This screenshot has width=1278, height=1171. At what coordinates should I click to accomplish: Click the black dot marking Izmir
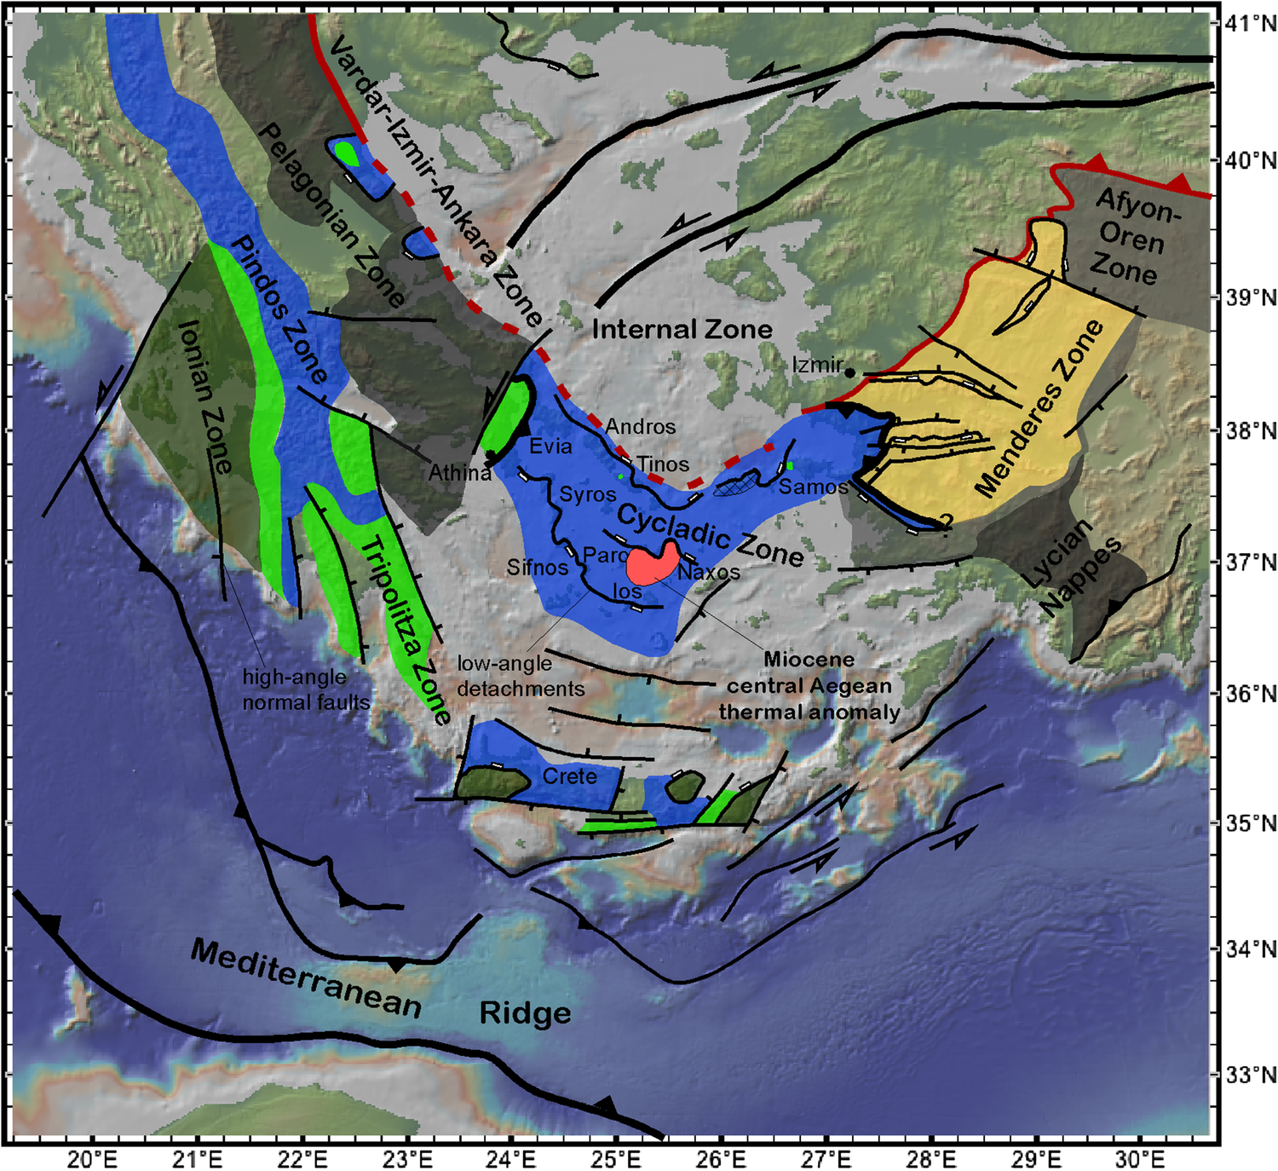[849, 372]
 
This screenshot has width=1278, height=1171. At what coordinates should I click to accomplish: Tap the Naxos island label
[709, 572]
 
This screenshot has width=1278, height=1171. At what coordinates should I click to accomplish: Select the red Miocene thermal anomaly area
[652, 563]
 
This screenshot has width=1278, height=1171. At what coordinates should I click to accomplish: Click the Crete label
[569, 776]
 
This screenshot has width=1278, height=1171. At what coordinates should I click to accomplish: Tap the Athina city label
[459, 472]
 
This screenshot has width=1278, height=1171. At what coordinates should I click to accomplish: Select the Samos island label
[813, 487]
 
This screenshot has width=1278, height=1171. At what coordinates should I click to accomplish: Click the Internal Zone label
[682, 329]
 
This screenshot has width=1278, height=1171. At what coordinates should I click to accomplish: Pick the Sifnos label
[537, 567]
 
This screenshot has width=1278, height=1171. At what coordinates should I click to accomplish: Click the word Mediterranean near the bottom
[305, 978]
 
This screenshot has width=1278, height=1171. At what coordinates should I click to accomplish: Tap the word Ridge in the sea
[525, 1013]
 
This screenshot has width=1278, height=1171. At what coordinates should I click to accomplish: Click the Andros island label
[641, 426]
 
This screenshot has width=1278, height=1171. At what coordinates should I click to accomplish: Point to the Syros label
[587, 494]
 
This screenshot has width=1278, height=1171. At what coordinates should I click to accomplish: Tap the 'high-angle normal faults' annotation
[306, 689]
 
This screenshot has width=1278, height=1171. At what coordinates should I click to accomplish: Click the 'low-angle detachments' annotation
[521, 676]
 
